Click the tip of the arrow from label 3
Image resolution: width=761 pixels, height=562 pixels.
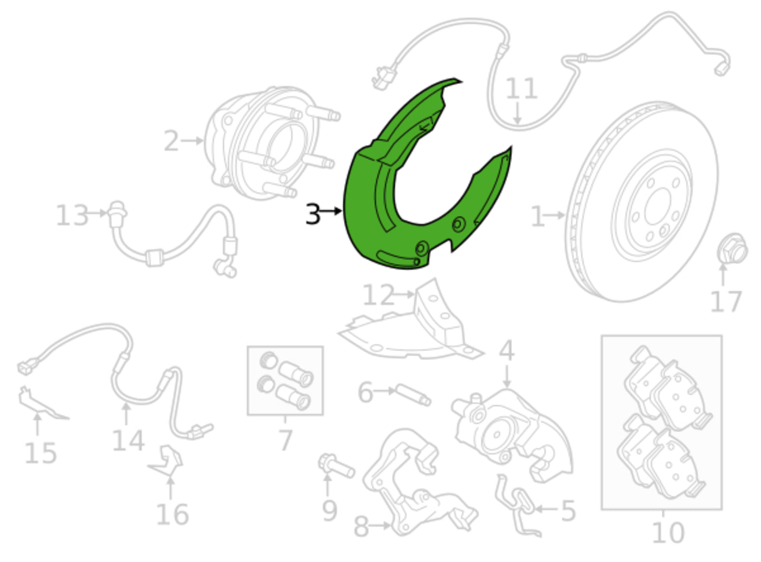[342, 211]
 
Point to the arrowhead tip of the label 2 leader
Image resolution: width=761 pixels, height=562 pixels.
[203, 141]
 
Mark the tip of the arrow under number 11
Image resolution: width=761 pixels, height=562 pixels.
[517, 124]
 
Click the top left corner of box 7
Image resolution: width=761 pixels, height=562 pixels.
[248, 347]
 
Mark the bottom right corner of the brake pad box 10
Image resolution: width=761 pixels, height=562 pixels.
[722, 509]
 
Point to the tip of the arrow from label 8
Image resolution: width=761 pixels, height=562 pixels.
[390, 525]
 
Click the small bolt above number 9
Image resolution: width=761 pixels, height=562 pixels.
[336, 466]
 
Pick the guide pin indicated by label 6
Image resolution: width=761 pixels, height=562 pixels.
[413, 395]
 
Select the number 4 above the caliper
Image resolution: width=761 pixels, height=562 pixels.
[507, 351]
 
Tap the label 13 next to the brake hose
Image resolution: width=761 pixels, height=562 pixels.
[72, 215]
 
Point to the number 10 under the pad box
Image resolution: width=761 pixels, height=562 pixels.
[668, 533]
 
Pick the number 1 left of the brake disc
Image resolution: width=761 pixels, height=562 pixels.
[538, 216]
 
